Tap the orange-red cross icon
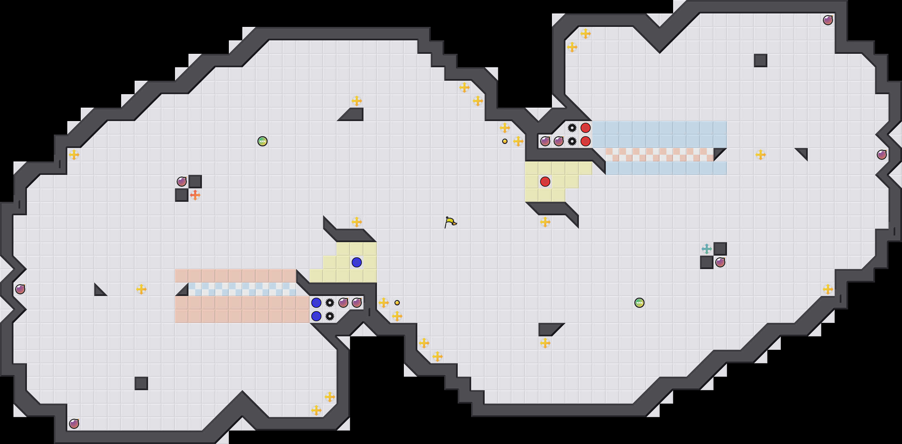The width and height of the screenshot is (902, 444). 195,195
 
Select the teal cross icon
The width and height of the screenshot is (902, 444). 706,249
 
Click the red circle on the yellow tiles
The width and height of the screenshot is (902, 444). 545,182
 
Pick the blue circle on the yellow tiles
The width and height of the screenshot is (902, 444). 356,262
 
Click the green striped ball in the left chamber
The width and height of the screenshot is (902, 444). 262,141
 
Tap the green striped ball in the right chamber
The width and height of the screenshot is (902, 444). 639,303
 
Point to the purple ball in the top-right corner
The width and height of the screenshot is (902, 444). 828,20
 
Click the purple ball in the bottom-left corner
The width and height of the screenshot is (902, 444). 74,424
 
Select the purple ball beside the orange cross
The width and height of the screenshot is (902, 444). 182,182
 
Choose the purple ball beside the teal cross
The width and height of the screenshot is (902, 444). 720,262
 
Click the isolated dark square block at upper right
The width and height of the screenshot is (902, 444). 761,61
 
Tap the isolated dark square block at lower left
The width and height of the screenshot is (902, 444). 141,383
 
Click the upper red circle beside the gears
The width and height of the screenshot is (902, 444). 586,128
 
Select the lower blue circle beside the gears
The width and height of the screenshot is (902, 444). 316,316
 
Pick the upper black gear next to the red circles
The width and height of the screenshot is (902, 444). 572,128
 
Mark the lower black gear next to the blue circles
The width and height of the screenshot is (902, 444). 330,316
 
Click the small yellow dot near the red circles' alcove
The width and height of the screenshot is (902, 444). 505,141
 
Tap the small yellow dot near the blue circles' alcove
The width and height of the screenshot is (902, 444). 397,303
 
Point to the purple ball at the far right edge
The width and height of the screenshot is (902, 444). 882,155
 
